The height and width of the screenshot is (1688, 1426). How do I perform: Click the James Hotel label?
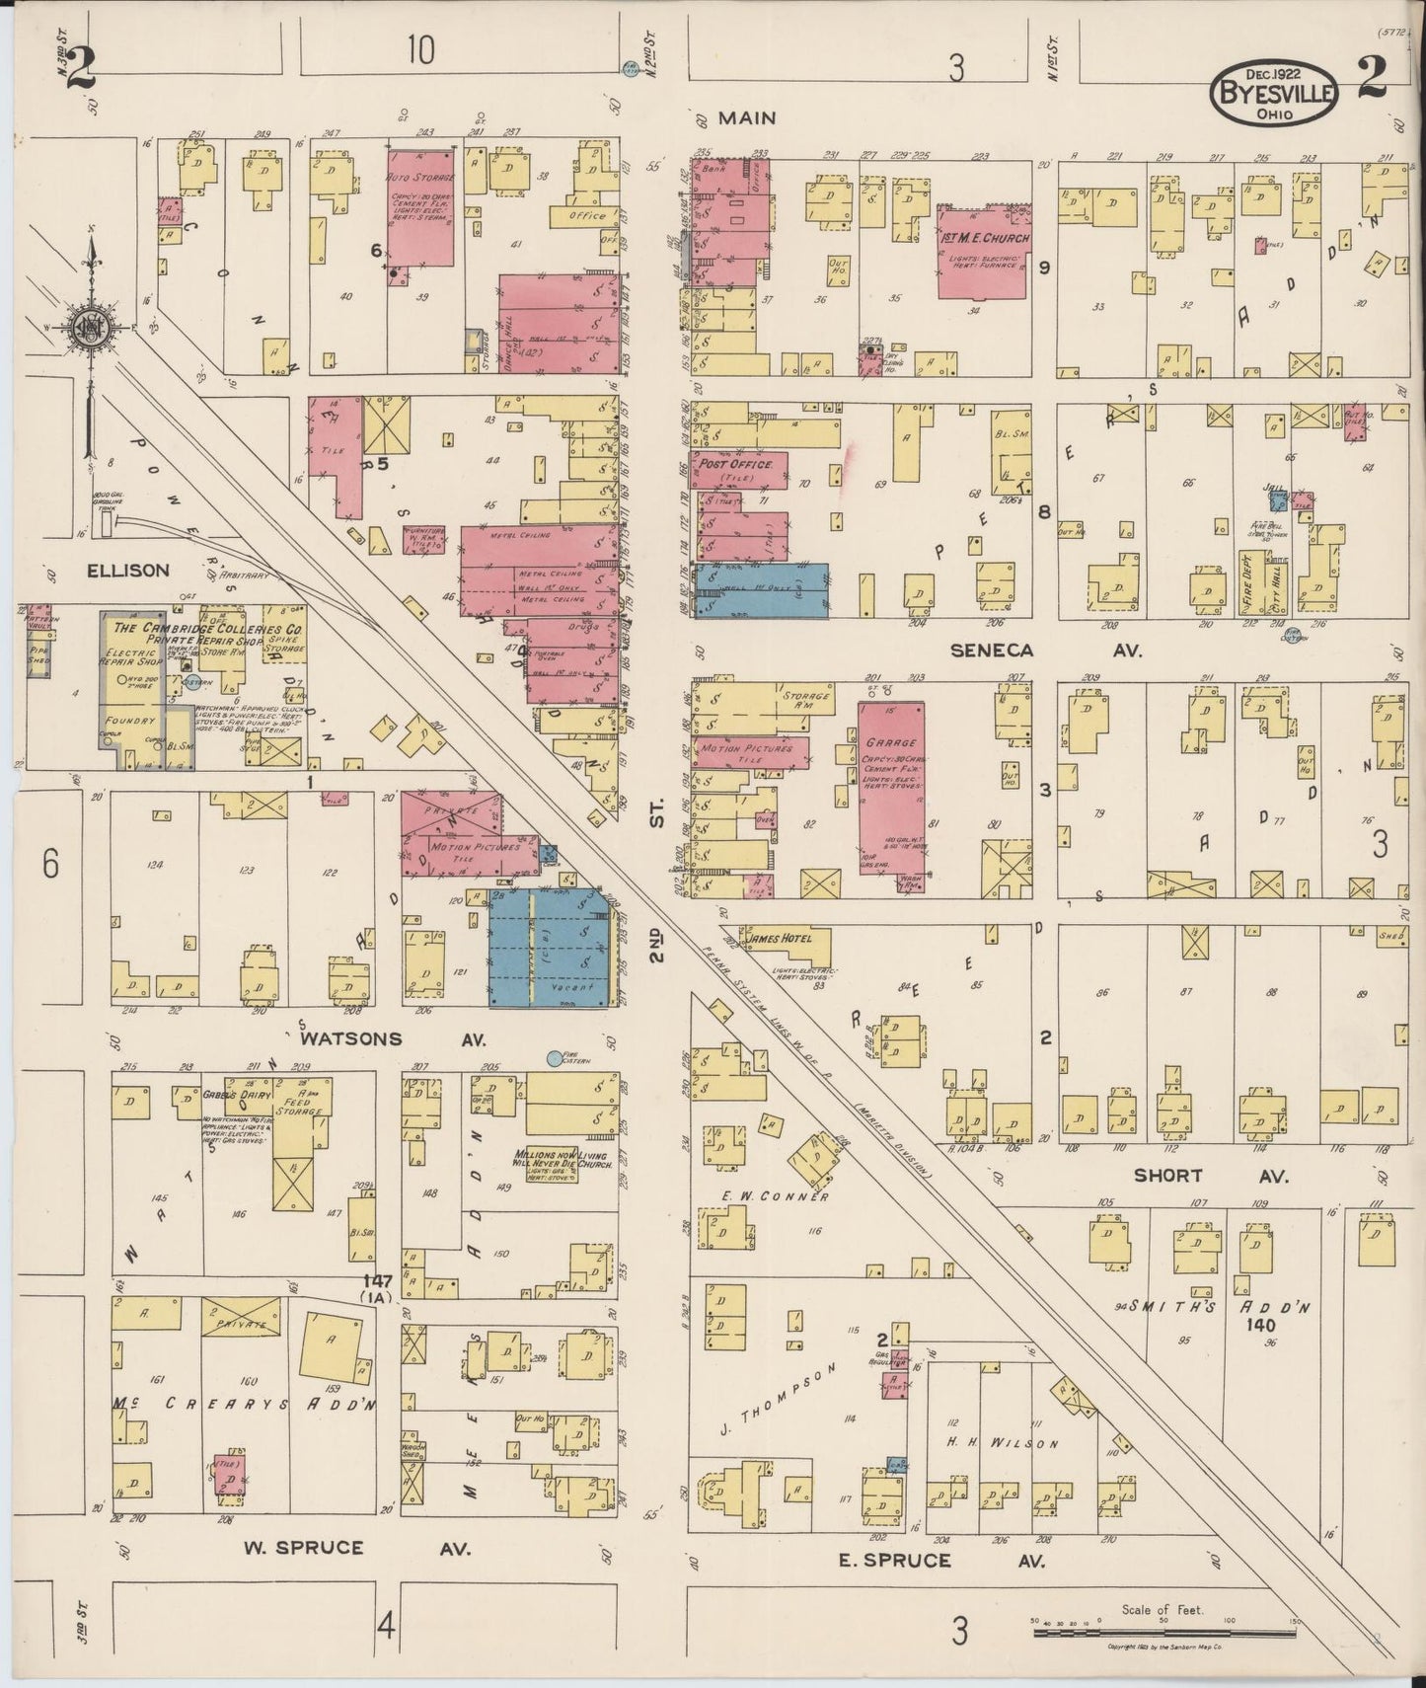click(x=780, y=938)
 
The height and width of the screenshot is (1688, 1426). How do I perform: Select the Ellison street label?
click(x=127, y=571)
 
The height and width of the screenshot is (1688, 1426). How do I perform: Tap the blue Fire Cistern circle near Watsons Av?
click(x=555, y=1058)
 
